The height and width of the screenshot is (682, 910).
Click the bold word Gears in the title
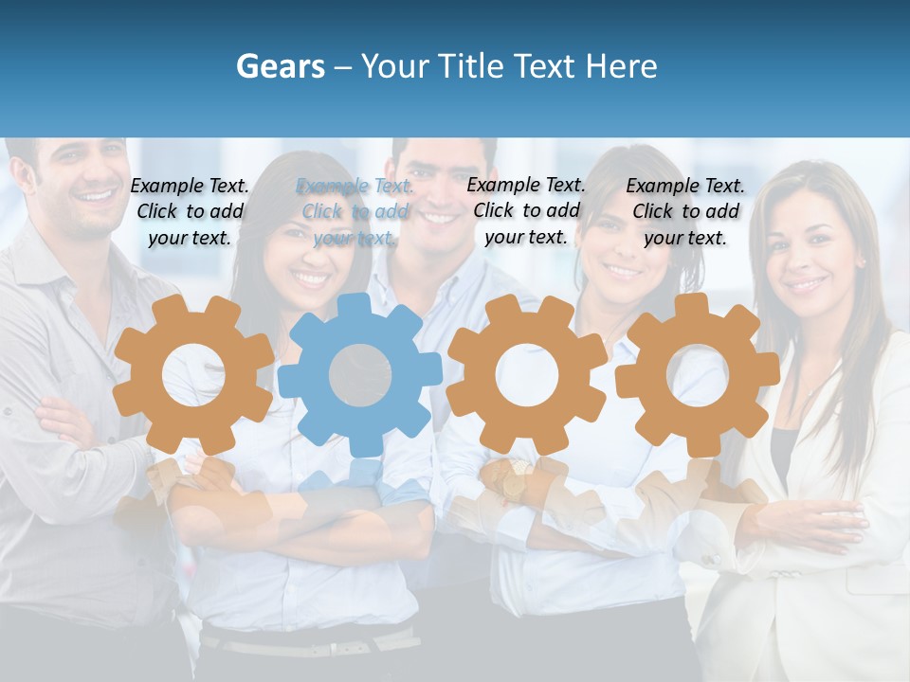pos(281,66)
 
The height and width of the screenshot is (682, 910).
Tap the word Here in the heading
pos(621,66)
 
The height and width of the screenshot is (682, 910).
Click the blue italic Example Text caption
pos(355,212)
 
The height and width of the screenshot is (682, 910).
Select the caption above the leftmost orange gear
pos(191,211)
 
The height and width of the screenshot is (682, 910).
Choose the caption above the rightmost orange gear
pos(685,211)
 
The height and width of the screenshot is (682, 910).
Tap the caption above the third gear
pos(526,210)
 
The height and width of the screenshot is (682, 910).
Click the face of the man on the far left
pos(81,185)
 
